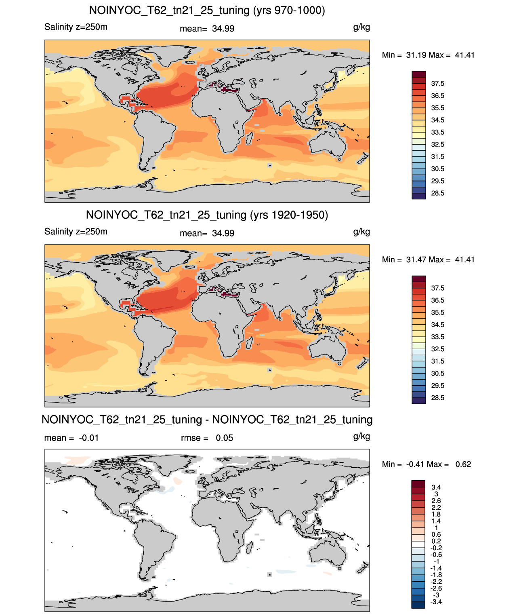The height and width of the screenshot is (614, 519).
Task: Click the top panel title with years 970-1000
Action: click(x=207, y=11)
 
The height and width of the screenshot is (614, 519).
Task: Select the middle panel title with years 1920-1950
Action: click(x=207, y=215)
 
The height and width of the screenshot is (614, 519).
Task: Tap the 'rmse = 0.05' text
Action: click(x=207, y=438)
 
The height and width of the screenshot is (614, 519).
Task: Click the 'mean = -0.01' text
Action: click(x=71, y=438)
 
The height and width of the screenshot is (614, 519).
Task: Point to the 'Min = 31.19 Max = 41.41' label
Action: click(x=428, y=55)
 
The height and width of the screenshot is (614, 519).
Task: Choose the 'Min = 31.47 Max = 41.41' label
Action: click(x=428, y=260)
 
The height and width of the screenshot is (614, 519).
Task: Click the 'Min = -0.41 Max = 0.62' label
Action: click(x=426, y=464)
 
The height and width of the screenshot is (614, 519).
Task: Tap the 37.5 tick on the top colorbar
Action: click(x=437, y=84)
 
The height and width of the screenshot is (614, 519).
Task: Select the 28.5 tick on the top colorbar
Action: click(x=437, y=193)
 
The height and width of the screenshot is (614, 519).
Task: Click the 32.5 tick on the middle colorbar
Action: click(x=437, y=349)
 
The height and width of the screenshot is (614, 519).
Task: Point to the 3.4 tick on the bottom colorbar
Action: click(x=436, y=487)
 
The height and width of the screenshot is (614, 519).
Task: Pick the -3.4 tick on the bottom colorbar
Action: click(x=436, y=602)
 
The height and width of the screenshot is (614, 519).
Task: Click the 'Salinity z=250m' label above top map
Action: click(x=76, y=27)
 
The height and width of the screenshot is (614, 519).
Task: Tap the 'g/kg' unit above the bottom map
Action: click(x=361, y=437)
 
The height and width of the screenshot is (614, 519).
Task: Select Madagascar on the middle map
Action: click(x=249, y=343)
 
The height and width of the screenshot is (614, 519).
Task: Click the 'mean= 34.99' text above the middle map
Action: click(x=207, y=233)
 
